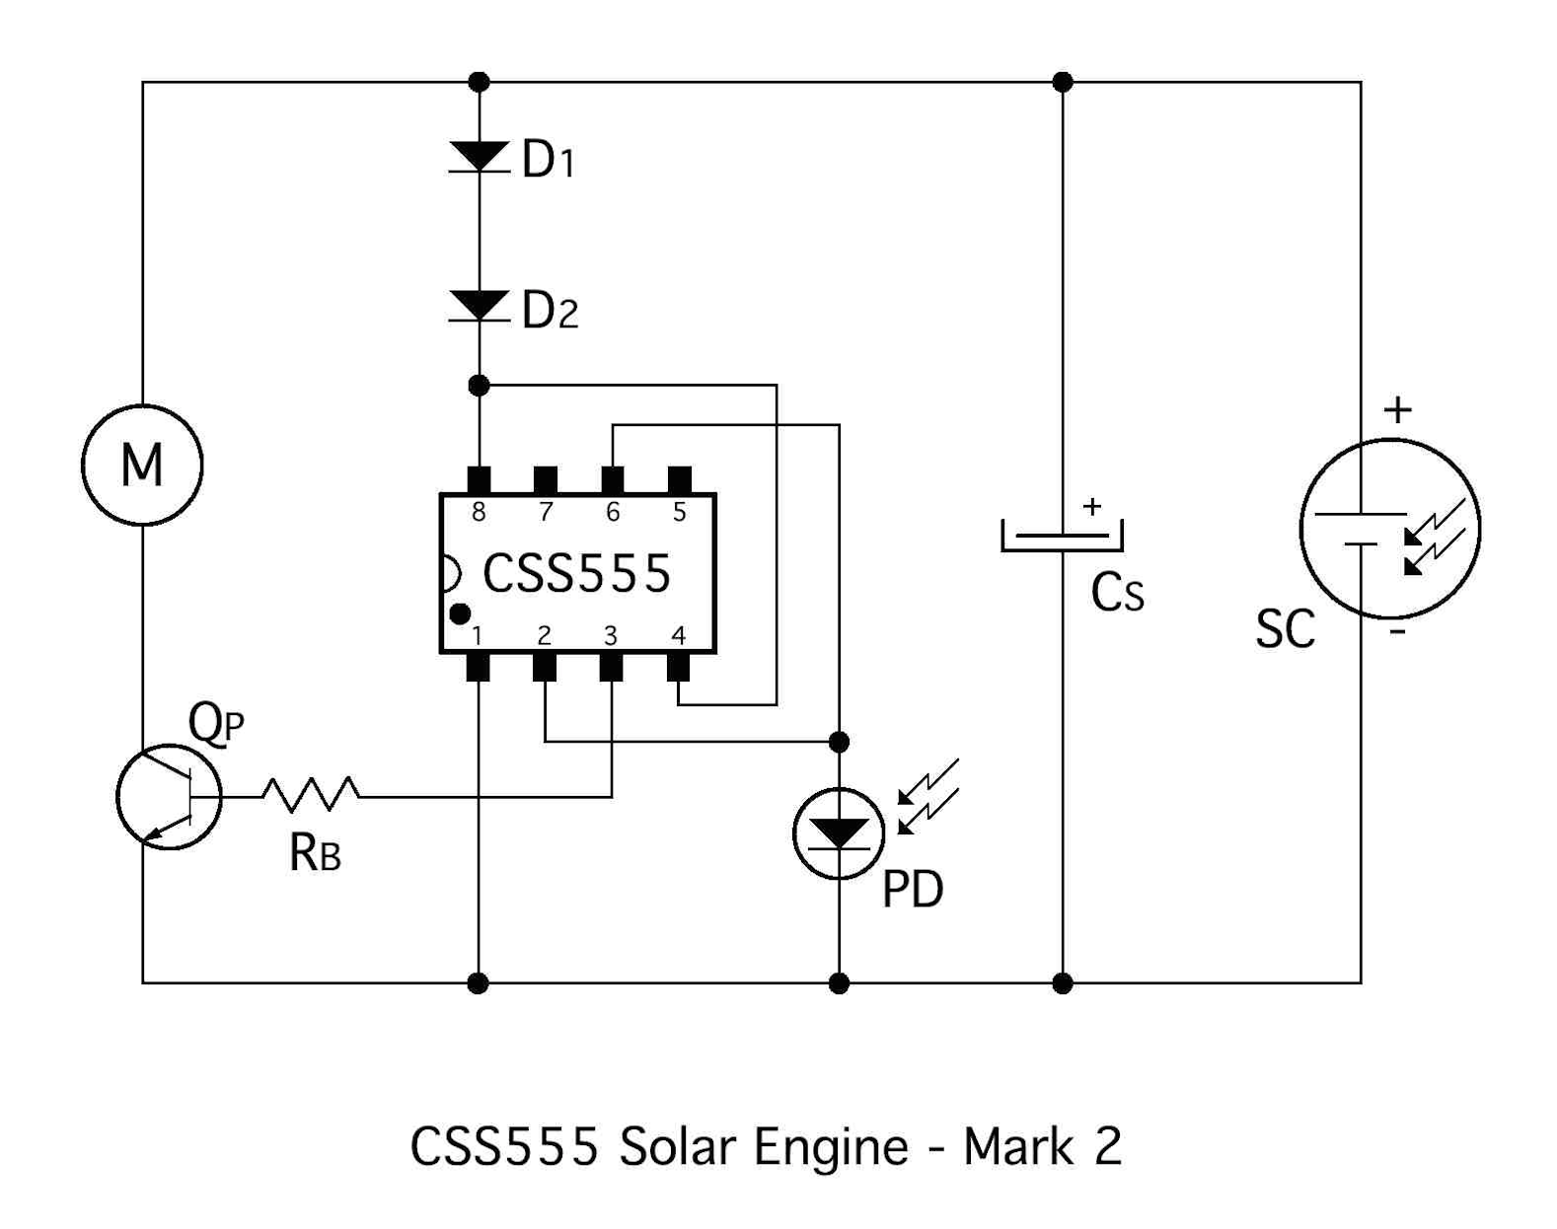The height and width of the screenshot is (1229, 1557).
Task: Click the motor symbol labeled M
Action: point(142,465)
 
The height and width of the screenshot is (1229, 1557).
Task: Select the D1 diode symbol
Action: point(479,157)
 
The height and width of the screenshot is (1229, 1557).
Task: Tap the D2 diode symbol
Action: point(479,306)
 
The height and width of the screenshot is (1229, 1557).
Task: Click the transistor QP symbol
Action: point(169,797)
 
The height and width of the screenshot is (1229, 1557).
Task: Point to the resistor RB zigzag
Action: point(311,794)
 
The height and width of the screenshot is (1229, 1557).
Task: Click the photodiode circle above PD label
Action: point(839,833)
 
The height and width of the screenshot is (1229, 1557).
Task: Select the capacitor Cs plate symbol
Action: point(1062,537)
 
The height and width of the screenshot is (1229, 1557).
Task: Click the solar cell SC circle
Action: point(1389,529)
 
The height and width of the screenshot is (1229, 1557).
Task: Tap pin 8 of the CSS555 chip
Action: point(479,481)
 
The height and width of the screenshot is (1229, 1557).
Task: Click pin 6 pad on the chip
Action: point(613,481)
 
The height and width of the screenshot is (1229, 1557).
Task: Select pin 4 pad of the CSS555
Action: point(678,668)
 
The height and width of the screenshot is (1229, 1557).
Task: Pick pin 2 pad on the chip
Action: point(545,668)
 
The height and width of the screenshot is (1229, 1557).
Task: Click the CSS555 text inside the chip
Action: point(577,573)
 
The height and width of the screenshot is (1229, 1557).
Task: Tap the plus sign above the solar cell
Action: point(1397,409)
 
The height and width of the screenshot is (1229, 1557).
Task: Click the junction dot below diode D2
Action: point(479,386)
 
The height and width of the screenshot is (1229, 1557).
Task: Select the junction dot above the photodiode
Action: point(839,742)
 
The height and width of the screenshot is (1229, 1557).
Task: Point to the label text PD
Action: point(913,890)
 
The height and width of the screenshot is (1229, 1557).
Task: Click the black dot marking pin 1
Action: point(460,614)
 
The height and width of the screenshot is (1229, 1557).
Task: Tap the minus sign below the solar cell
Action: point(1397,631)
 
